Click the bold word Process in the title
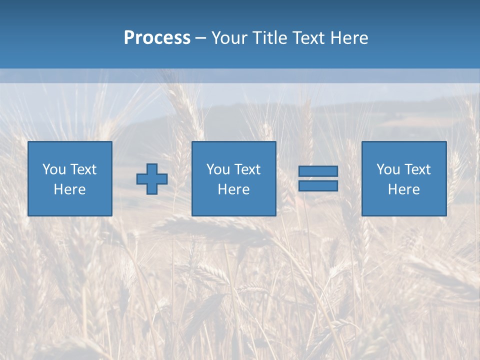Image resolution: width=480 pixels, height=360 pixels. [x=157, y=38]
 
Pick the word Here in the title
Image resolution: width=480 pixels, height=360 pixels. [x=349, y=38]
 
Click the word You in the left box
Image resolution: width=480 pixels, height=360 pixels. [x=54, y=169]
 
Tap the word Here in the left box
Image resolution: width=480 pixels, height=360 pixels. [x=69, y=189]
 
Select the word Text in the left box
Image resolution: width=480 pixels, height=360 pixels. [x=83, y=169]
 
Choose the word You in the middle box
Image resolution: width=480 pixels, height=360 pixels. [x=218, y=169]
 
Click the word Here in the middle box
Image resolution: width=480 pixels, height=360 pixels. [x=233, y=189]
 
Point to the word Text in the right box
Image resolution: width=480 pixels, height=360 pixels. [x=417, y=169]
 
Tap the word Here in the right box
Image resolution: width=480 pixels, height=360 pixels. [x=403, y=189]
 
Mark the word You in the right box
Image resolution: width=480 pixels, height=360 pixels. [x=388, y=169]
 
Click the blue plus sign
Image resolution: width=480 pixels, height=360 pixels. [x=152, y=179]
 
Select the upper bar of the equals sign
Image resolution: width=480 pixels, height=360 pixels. [x=318, y=171]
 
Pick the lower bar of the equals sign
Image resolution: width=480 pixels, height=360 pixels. [x=318, y=186]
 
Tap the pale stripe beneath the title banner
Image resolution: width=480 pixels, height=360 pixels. [x=240, y=76]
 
